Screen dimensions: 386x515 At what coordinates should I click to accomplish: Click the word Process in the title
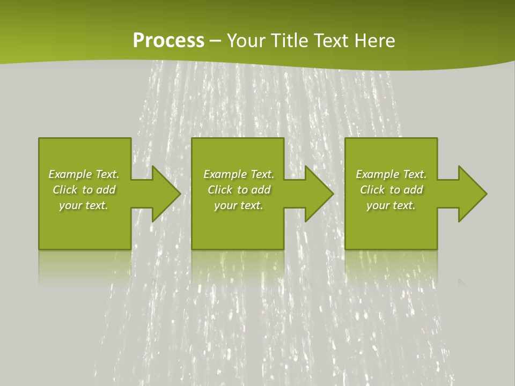[168, 41]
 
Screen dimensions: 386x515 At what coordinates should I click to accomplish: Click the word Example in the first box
[70, 174]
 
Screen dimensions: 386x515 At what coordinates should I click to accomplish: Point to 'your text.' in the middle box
[238, 205]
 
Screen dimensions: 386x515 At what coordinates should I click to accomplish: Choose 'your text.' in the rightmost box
[391, 205]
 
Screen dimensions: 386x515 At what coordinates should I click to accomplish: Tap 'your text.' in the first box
[84, 205]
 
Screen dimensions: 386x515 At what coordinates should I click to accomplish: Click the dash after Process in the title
[216, 41]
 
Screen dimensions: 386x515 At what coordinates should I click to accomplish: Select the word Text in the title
[327, 41]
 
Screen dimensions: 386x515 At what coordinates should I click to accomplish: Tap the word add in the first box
[105, 190]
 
